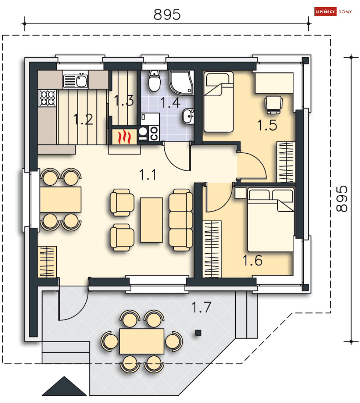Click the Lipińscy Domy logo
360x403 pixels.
click(x=333, y=12)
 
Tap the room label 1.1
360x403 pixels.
click(x=148, y=175)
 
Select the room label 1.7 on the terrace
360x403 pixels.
click(x=201, y=307)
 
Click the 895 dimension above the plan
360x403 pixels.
click(x=167, y=14)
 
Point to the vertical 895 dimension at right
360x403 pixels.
click(x=342, y=199)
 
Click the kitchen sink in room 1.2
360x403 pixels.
click(x=76, y=80)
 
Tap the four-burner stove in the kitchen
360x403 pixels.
click(x=47, y=98)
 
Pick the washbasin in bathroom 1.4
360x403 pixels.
click(x=188, y=116)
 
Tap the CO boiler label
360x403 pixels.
click(x=154, y=134)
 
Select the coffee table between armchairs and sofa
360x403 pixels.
click(x=152, y=220)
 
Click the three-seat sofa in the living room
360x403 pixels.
click(x=181, y=220)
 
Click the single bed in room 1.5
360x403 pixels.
click(x=219, y=102)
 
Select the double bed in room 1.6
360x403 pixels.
click(x=271, y=220)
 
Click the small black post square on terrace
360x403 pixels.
click(x=198, y=333)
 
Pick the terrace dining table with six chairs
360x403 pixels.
click(x=142, y=341)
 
